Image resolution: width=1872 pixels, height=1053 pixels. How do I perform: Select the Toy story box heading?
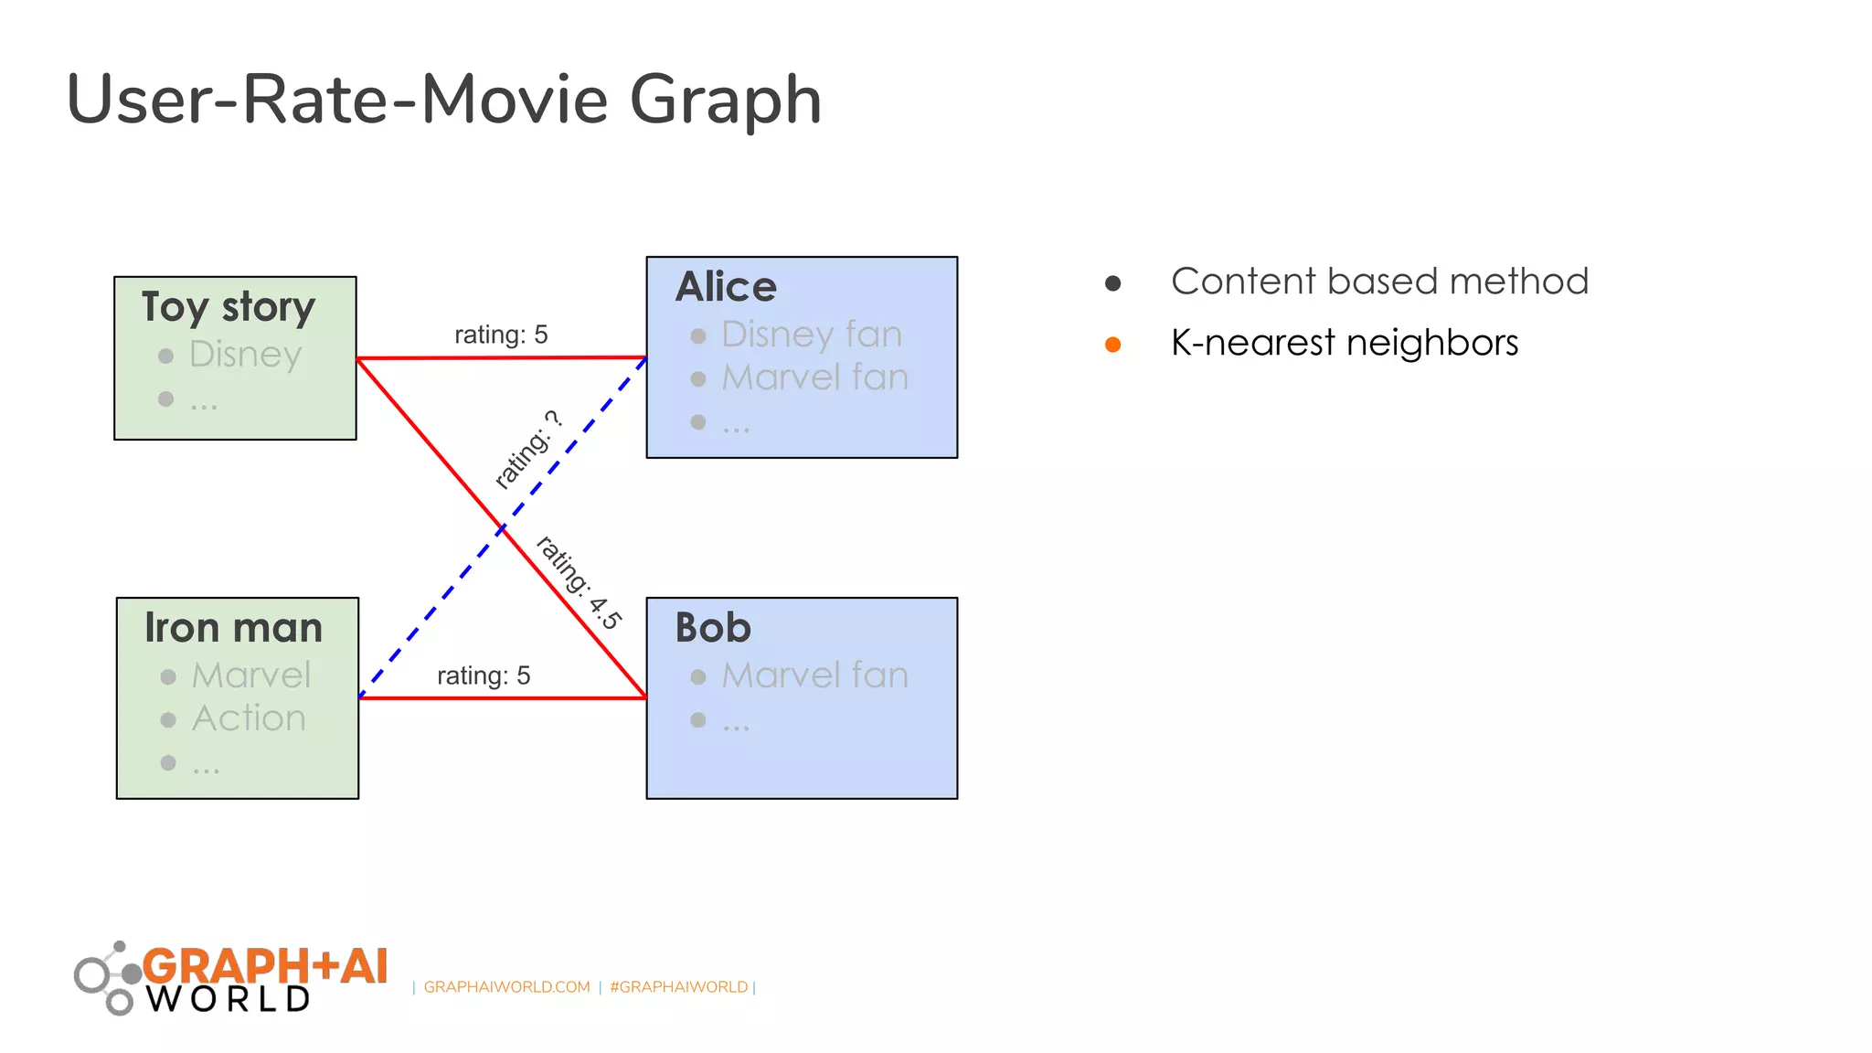click(x=229, y=306)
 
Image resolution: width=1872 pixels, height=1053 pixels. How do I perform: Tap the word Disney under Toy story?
click(x=245, y=354)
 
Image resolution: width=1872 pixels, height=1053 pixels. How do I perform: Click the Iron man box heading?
click(x=234, y=628)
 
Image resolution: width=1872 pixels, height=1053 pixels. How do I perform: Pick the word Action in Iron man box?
click(x=249, y=718)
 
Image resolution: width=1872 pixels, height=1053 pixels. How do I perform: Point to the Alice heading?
click(x=726, y=287)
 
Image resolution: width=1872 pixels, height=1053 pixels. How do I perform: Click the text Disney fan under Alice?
click(x=812, y=335)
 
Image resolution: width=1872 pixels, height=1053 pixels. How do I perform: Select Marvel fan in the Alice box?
click(x=815, y=378)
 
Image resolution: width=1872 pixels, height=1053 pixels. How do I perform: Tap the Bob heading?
click(x=713, y=628)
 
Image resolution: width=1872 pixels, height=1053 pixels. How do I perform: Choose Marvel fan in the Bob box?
click(x=815, y=675)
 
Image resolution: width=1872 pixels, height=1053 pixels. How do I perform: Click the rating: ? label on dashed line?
click(x=527, y=450)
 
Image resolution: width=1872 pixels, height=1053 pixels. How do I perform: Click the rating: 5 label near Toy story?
click(x=501, y=335)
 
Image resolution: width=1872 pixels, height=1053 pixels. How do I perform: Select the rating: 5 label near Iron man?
click(x=484, y=675)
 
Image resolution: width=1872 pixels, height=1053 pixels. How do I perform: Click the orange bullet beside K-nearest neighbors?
click(x=1112, y=345)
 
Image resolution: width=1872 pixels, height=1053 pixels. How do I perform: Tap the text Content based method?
click(x=1379, y=282)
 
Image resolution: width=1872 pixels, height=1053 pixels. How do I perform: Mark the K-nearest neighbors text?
click(x=1345, y=343)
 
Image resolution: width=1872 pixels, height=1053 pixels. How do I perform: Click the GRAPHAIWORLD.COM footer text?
click(x=507, y=987)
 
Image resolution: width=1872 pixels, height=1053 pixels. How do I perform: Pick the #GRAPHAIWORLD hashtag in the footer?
click(x=679, y=987)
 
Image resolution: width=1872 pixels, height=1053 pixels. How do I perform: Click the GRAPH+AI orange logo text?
click(x=265, y=966)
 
